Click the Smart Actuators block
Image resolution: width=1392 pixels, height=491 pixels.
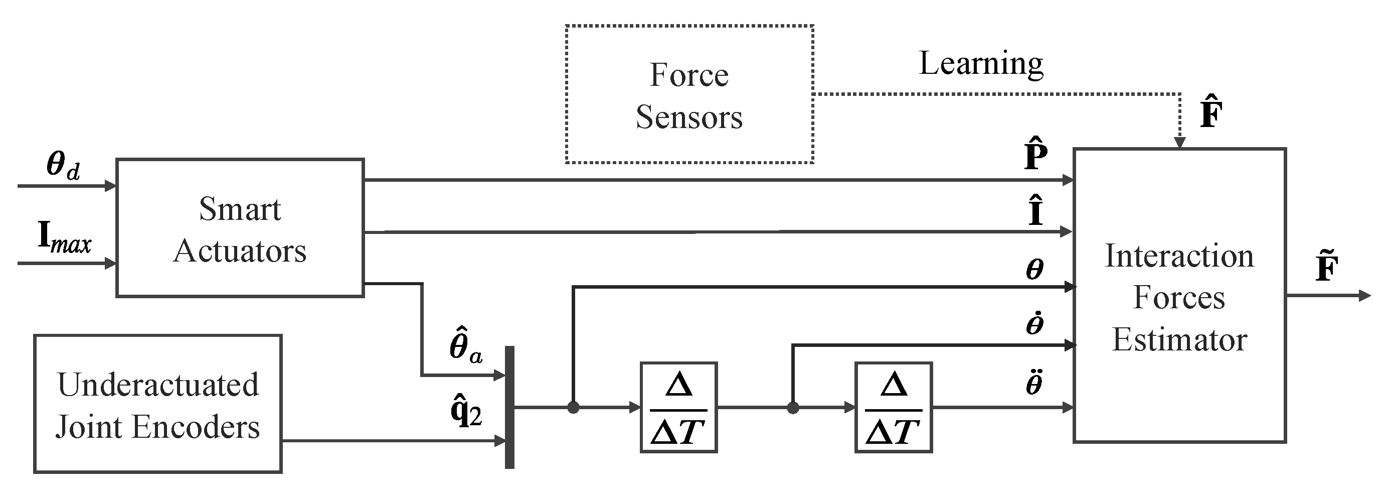click(240, 227)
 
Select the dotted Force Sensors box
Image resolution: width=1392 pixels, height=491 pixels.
click(689, 94)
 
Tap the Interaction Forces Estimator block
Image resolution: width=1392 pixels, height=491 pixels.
click(1178, 296)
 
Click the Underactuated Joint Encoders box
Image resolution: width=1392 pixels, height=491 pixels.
click(158, 404)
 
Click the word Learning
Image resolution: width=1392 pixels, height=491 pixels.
click(981, 64)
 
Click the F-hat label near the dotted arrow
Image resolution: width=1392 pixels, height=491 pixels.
click(1211, 114)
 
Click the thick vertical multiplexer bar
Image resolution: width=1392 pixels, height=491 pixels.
click(509, 407)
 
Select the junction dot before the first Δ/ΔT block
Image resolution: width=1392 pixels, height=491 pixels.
click(573, 407)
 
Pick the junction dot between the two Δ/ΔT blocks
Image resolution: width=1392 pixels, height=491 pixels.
click(793, 408)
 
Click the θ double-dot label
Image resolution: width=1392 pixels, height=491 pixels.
click(1034, 383)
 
